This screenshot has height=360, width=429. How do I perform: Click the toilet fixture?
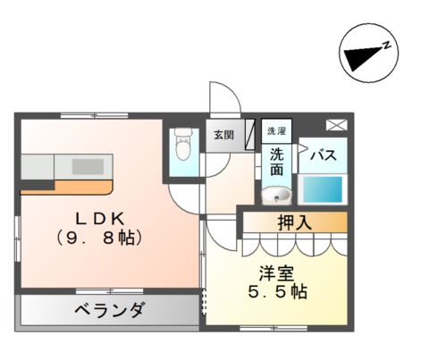tap(182, 144)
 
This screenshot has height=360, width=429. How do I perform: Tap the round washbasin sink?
tap(276, 195)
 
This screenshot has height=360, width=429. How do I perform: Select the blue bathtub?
tap(323, 189)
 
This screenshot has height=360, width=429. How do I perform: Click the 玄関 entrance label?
tap(224, 135)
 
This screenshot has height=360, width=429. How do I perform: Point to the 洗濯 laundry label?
tap(276, 130)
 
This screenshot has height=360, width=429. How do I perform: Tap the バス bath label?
tap(324, 155)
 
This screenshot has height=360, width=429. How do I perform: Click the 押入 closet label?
tap(295, 222)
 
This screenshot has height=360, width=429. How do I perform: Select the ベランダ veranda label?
tap(110, 310)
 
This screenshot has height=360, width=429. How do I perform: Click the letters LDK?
tap(100, 219)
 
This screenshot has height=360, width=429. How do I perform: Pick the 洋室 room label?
tap(277, 273)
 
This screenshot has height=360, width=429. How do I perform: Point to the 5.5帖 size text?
tap(278, 292)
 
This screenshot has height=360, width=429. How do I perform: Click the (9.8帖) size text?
tap(99, 238)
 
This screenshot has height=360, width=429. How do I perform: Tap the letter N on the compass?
tap(386, 46)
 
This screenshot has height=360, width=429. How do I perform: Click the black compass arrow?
tap(363, 57)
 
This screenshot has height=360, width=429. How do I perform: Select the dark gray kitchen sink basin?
tap(88, 167)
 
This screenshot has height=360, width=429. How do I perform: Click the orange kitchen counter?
tap(67, 188)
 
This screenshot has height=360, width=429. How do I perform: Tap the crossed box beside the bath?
tap(337, 125)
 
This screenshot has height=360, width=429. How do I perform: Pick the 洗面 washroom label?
tap(276, 163)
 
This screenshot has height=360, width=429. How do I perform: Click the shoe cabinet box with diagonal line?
tap(250, 134)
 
